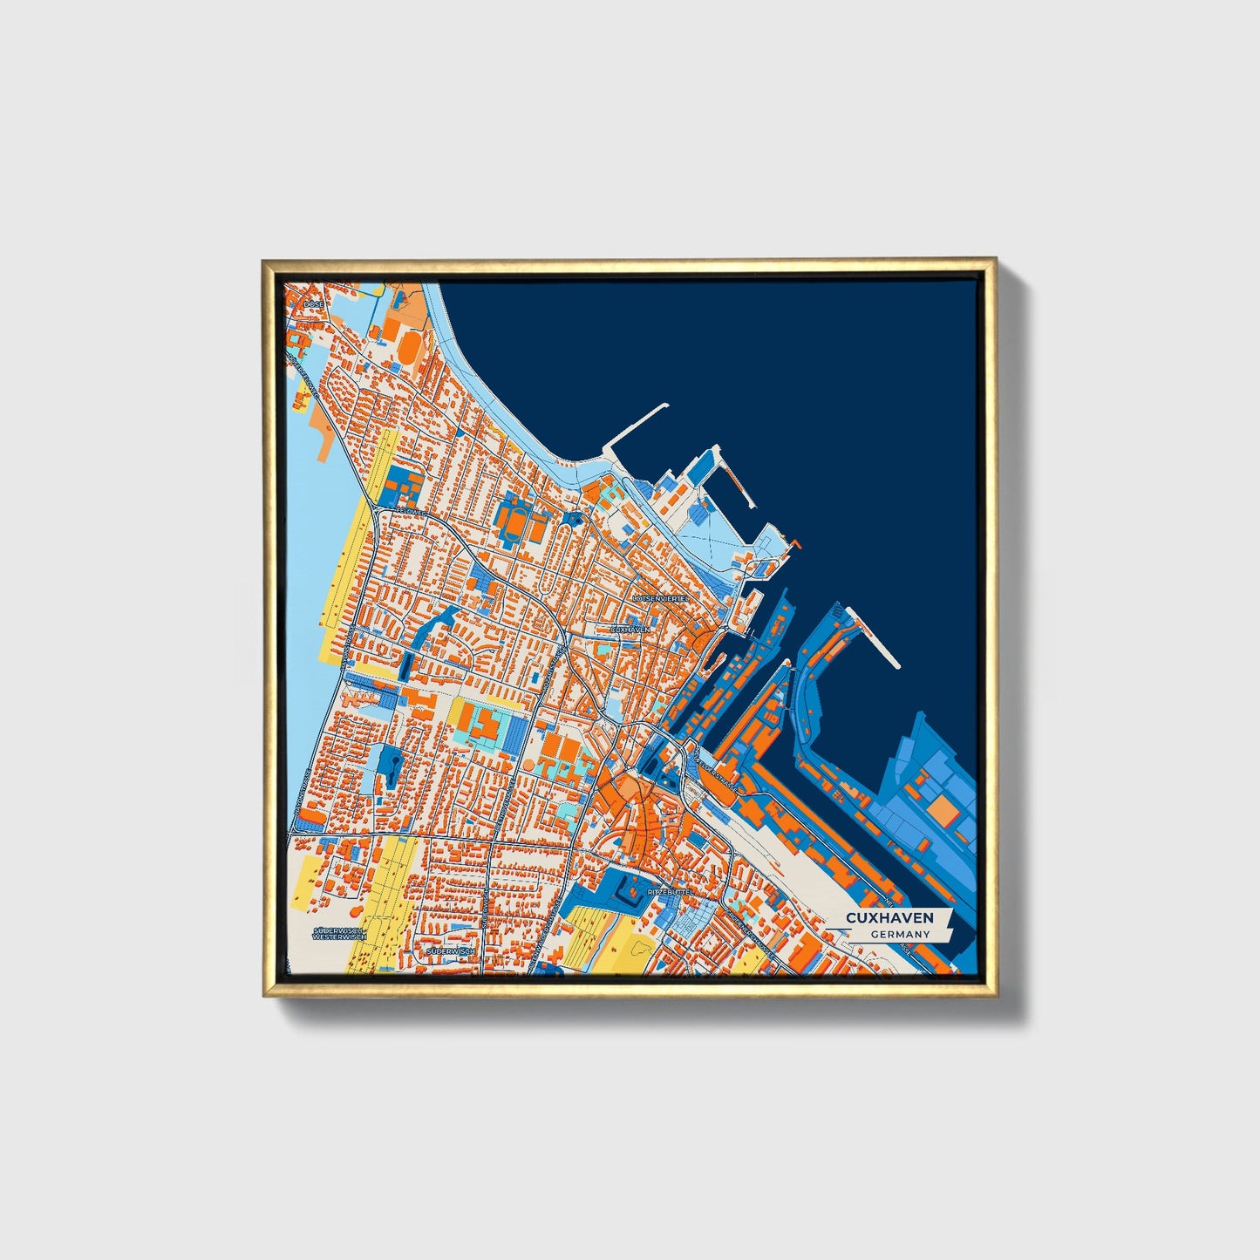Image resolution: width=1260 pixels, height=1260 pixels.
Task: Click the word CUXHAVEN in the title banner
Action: [889, 917]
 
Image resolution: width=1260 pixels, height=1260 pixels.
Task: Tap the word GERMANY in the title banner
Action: [899, 934]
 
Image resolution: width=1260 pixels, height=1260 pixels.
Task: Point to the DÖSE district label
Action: [313, 304]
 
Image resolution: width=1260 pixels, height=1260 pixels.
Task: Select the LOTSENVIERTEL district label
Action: [660, 599]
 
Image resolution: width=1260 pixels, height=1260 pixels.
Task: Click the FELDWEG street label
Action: [410, 514]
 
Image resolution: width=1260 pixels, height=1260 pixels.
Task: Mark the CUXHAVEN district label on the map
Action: [630, 629]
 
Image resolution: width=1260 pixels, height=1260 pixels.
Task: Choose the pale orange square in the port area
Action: [941, 810]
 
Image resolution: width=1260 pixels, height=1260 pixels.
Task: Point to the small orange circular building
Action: [528, 764]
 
